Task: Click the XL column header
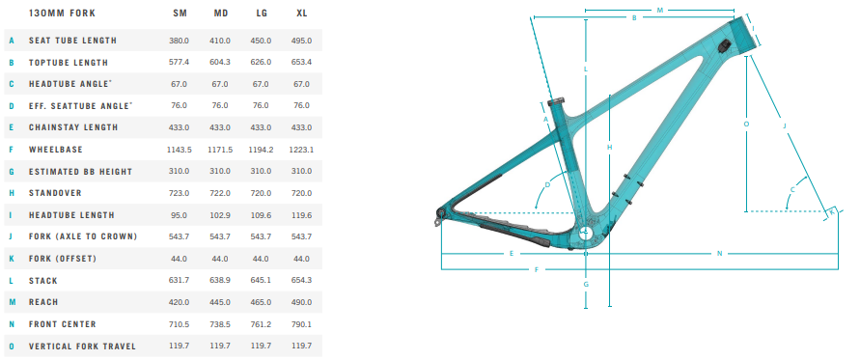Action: (302, 14)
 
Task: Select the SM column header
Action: (180, 14)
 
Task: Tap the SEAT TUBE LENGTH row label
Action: (73, 41)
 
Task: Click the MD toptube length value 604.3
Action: (220, 62)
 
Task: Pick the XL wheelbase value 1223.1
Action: (302, 150)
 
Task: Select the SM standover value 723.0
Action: (179, 193)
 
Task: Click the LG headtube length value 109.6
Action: (261, 215)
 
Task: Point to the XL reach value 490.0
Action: (302, 302)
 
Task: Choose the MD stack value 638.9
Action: (220, 281)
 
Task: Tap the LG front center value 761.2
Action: (261, 324)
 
